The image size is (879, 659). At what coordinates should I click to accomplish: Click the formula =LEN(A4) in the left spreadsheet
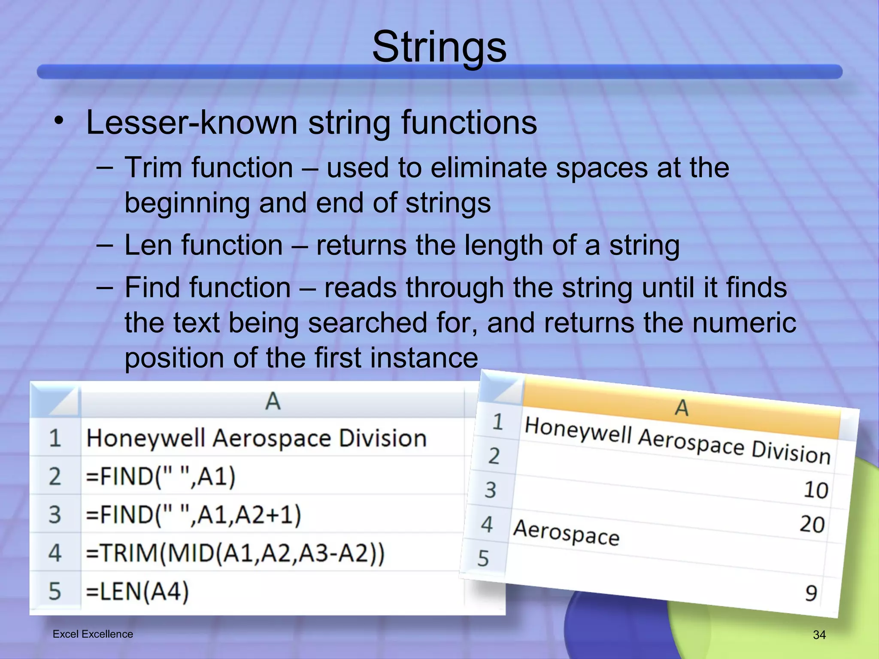[x=137, y=591]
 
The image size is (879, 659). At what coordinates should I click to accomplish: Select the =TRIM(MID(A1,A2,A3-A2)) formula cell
[x=235, y=553]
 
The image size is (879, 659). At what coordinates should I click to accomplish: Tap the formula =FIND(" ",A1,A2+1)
[x=193, y=514]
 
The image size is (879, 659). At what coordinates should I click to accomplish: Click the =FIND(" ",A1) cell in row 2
[x=161, y=476]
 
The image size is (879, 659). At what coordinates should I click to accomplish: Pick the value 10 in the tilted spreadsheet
[x=815, y=490]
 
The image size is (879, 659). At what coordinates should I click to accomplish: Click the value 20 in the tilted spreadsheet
[x=812, y=524]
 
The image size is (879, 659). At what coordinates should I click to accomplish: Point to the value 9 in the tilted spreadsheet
[x=811, y=593]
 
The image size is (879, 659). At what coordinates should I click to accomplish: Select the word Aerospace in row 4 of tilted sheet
[x=566, y=532]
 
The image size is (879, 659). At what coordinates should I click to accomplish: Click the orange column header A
[x=682, y=408]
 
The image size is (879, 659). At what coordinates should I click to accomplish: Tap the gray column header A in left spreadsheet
[x=273, y=402]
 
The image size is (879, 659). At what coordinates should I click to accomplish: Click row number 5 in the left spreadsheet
[x=55, y=591]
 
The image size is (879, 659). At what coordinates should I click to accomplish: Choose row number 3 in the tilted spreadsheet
[x=491, y=490]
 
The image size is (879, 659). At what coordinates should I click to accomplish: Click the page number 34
[x=819, y=635]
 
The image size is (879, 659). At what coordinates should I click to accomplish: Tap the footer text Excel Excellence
[x=93, y=634]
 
